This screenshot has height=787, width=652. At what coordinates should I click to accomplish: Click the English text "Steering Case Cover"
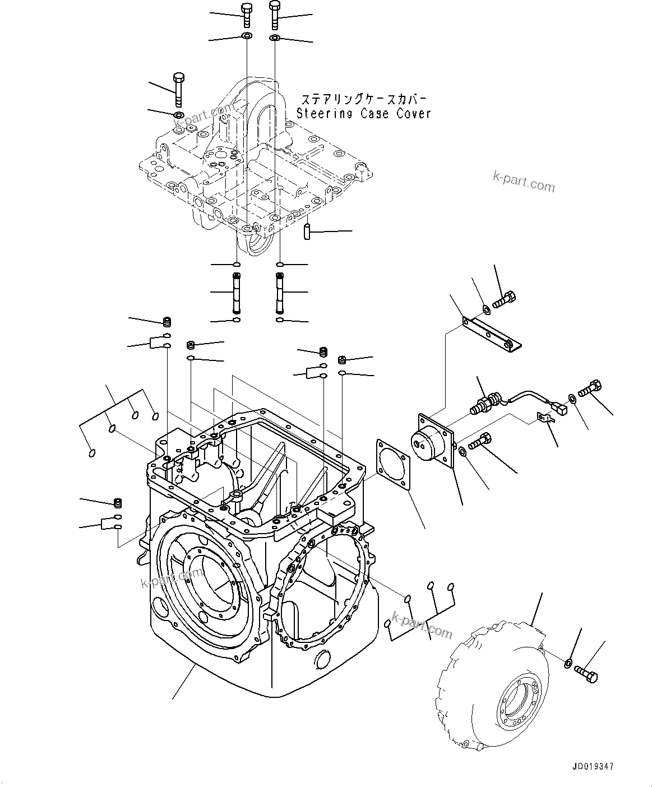pyautogui.click(x=364, y=114)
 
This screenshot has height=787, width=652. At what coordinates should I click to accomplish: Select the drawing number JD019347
pyautogui.click(x=593, y=766)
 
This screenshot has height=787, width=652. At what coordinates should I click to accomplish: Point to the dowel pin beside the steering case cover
pyautogui.click(x=307, y=232)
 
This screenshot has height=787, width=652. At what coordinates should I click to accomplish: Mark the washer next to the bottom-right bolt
pyautogui.click(x=567, y=664)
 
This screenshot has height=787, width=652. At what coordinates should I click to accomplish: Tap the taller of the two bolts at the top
pyautogui.click(x=274, y=15)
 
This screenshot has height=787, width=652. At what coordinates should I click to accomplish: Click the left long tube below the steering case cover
pyautogui.click(x=236, y=293)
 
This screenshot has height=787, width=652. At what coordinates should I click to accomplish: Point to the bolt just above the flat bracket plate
pyautogui.click(x=505, y=300)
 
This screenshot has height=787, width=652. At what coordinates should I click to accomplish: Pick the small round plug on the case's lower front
pyautogui.click(x=323, y=658)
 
